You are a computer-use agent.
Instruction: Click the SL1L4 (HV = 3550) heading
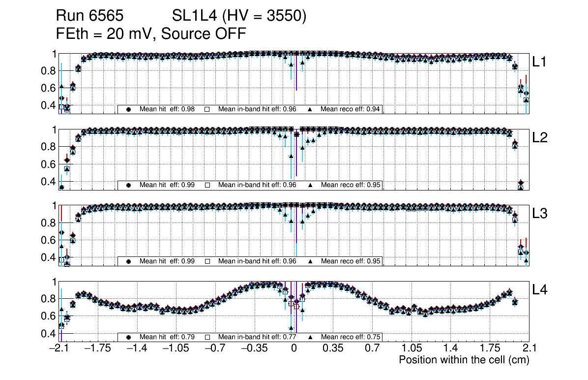239,16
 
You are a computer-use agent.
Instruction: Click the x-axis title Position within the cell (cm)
464,360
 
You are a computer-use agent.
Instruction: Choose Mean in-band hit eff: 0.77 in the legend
257,337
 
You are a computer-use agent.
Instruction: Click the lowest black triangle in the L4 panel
291,327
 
